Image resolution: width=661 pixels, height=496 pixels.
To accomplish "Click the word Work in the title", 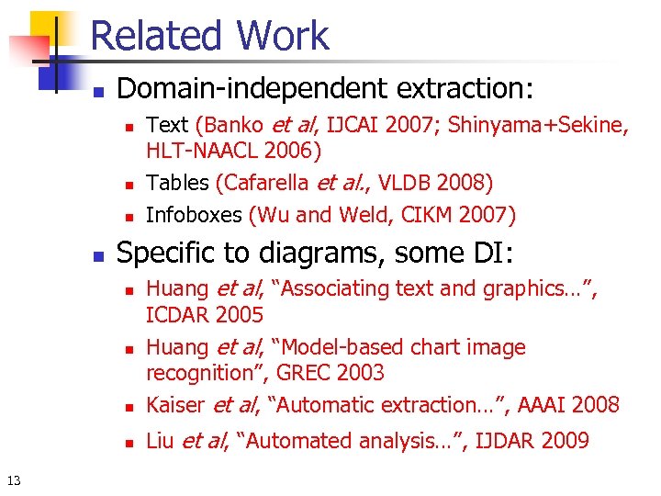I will (282, 36).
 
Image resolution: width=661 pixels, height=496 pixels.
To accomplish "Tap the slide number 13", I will (14, 480).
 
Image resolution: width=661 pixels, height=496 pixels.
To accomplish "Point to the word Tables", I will (178, 183).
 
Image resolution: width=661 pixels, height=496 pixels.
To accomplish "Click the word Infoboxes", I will (194, 215).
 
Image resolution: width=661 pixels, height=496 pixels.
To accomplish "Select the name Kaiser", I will (176, 404).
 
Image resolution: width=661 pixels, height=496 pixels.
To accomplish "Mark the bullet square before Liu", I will (130, 443).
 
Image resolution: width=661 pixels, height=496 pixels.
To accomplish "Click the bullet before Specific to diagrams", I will (100, 254).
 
